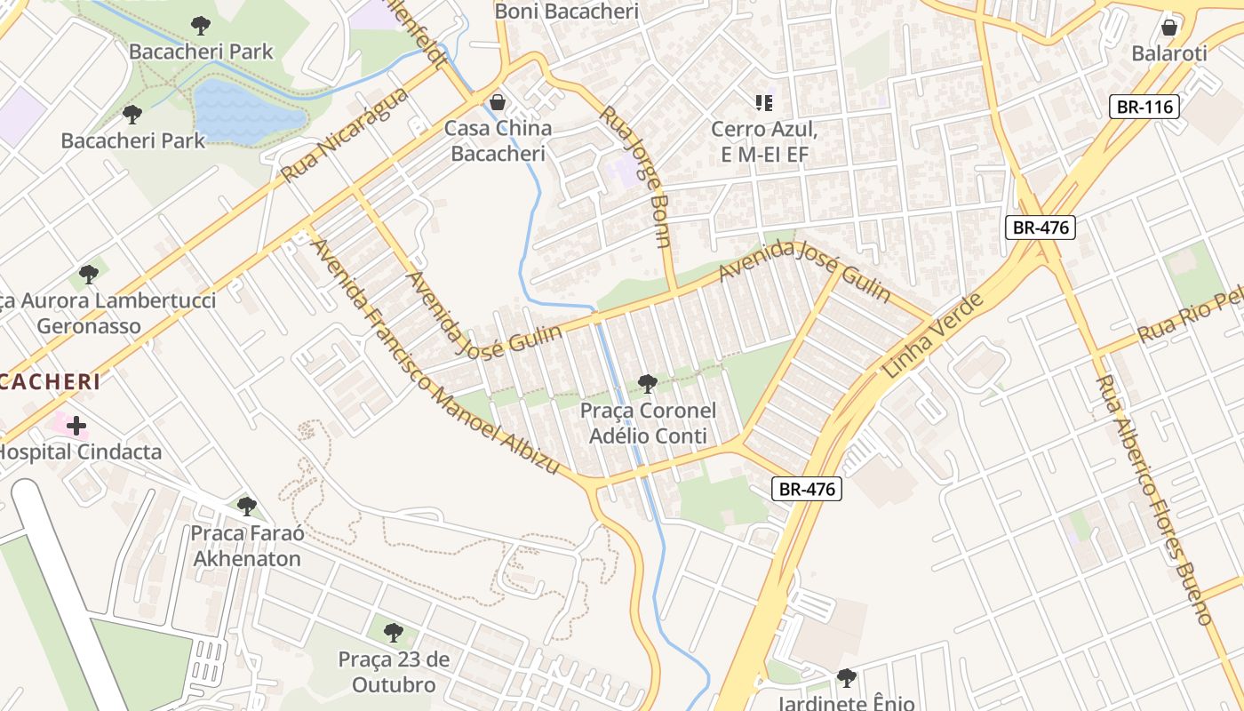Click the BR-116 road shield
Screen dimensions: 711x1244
(x=1145, y=108)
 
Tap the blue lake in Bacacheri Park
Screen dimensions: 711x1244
(x=244, y=112)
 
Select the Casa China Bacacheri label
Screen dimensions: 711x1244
(x=498, y=140)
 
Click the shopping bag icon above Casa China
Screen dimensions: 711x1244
(x=498, y=101)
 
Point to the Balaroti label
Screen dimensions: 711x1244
(x=1169, y=53)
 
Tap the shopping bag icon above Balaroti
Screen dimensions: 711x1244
(x=1169, y=27)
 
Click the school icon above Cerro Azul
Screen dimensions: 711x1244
(x=763, y=103)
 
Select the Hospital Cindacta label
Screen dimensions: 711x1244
(x=80, y=451)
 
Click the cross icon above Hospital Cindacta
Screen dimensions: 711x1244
(x=76, y=426)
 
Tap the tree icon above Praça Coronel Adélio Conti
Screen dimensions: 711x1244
(x=648, y=384)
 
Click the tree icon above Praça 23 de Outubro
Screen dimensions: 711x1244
(x=394, y=633)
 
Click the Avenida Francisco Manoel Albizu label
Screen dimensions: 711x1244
(x=435, y=355)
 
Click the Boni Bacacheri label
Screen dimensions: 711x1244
(x=567, y=12)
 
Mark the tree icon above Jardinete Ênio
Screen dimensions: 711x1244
(x=847, y=678)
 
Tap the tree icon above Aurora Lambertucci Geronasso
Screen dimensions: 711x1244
(x=88, y=274)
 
